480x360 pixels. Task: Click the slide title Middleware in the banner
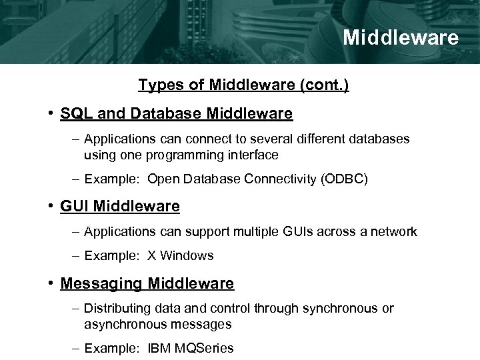coord(401,37)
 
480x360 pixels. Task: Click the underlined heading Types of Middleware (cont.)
coord(243,85)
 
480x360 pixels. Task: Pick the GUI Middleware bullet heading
coord(120,207)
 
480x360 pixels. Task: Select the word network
coord(393,232)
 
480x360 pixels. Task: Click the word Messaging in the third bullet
coord(101,283)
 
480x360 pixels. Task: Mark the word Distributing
coord(114,309)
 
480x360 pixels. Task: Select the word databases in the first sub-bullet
coord(379,139)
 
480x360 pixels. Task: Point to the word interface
coord(253,155)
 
